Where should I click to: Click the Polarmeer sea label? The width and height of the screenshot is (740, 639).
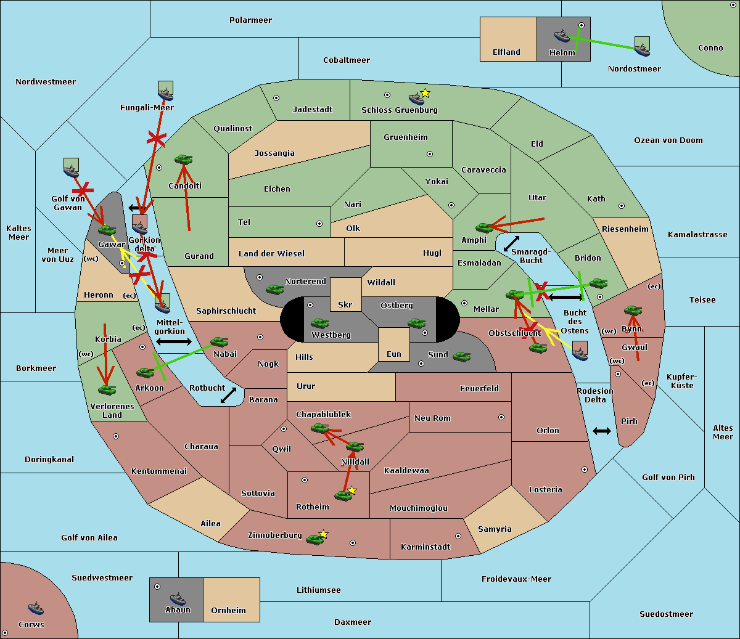click(x=250, y=20)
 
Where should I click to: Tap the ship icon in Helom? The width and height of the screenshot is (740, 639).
click(x=562, y=36)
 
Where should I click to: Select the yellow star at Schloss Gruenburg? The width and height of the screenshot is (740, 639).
click(x=425, y=93)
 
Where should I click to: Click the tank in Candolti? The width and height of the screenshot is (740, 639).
click(x=183, y=159)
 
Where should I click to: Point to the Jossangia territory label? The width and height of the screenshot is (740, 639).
click(x=274, y=153)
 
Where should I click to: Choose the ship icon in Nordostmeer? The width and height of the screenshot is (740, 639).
click(x=642, y=46)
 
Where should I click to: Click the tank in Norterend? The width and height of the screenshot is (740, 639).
click(x=274, y=289)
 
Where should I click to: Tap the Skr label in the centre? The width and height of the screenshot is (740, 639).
click(x=345, y=305)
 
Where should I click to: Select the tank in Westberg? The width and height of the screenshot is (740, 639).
click(x=319, y=323)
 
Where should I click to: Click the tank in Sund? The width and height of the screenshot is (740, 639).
click(x=461, y=356)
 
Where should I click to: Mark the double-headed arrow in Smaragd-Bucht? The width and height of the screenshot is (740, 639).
click(x=511, y=243)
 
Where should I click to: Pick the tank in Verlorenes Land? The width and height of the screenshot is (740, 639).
click(x=107, y=389)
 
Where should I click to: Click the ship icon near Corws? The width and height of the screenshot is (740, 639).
click(x=36, y=608)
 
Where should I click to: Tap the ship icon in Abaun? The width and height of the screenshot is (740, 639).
click(x=178, y=598)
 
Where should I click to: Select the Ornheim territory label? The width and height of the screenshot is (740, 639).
click(x=228, y=611)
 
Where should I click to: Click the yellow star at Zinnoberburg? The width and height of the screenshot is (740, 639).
click(x=323, y=534)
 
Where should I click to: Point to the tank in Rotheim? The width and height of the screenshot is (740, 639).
click(x=343, y=495)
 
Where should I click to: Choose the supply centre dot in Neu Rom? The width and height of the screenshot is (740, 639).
click(x=501, y=417)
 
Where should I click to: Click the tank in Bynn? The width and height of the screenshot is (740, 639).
click(x=633, y=311)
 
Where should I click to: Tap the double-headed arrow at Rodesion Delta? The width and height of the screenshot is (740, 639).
click(x=602, y=431)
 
